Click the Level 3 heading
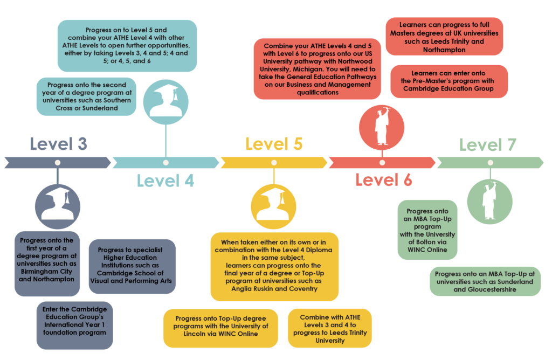point(58,144)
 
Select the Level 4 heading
point(165,181)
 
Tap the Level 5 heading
point(274,144)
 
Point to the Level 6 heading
point(383,180)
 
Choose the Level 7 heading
point(487,144)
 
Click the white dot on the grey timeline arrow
point(57,163)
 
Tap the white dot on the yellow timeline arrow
point(274,163)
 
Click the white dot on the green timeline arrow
point(490,163)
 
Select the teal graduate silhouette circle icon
point(166,102)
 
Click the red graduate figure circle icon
point(382,127)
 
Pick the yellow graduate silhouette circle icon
point(273,206)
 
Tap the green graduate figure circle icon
point(489,202)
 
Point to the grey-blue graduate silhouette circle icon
point(58,206)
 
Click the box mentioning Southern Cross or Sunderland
point(86,96)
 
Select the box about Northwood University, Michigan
point(317,69)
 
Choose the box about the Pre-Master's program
point(449,81)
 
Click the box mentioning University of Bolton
point(427,230)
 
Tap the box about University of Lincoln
point(220,328)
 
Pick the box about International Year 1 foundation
point(74,325)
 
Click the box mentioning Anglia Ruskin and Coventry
point(274,266)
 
